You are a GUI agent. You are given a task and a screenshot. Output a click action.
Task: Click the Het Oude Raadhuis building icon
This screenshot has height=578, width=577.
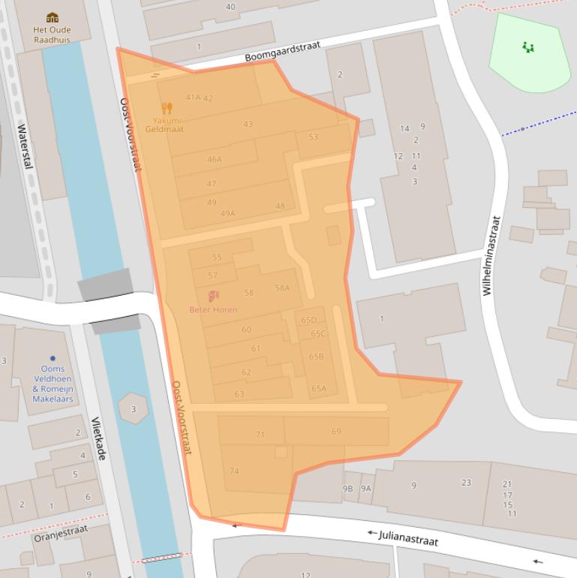52,17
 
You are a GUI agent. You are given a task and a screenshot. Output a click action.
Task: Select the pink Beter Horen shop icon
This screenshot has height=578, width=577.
213,297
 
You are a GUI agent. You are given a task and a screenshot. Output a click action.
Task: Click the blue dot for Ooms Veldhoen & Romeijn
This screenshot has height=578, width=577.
53,358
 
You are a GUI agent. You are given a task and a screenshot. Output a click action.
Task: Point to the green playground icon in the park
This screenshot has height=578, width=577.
528,47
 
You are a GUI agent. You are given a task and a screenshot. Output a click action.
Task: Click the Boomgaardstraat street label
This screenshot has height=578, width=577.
282,52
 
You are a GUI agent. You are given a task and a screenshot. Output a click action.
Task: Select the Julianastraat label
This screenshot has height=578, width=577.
403,537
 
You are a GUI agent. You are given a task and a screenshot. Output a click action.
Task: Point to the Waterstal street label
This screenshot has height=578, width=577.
25,146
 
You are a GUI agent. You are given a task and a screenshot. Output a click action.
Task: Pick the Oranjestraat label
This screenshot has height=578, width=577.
61,533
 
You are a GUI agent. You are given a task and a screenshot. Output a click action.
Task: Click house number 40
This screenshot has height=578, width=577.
230,7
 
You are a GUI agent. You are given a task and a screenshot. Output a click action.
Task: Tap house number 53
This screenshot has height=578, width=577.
313,137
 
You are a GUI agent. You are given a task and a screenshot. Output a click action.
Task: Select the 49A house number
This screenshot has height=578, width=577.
227,213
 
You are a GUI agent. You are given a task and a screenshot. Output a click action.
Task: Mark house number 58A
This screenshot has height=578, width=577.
282,287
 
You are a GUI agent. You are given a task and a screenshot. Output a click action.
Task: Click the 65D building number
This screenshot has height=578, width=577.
308,320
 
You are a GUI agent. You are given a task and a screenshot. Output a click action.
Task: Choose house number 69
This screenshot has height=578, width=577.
336,431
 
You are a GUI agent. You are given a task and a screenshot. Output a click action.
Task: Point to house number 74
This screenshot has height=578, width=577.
234,471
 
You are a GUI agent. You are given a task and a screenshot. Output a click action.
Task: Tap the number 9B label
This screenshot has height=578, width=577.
348,488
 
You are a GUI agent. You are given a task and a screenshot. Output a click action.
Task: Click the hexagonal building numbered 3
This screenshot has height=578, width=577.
134,408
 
